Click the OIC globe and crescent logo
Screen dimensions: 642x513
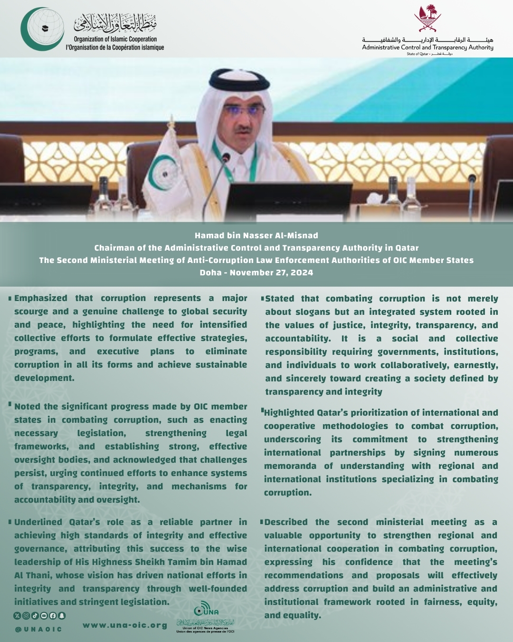coord(42,29)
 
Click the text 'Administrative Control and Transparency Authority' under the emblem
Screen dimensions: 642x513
coord(427,48)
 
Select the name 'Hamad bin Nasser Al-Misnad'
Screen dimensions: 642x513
coord(256,235)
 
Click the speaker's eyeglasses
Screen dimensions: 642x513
coord(244,110)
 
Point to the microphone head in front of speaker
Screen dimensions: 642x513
coord(226,157)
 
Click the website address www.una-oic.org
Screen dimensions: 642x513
coord(125,625)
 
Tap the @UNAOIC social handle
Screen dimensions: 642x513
coord(38,629)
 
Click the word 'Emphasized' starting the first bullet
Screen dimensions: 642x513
coord(41,298)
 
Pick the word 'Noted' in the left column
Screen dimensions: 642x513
coord(28,407)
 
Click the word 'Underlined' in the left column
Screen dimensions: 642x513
coord(38,522)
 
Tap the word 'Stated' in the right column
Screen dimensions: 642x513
coord(280,299)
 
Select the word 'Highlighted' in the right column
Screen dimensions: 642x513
coord(289,413)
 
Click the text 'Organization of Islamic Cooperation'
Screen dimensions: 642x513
coord(115,39)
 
